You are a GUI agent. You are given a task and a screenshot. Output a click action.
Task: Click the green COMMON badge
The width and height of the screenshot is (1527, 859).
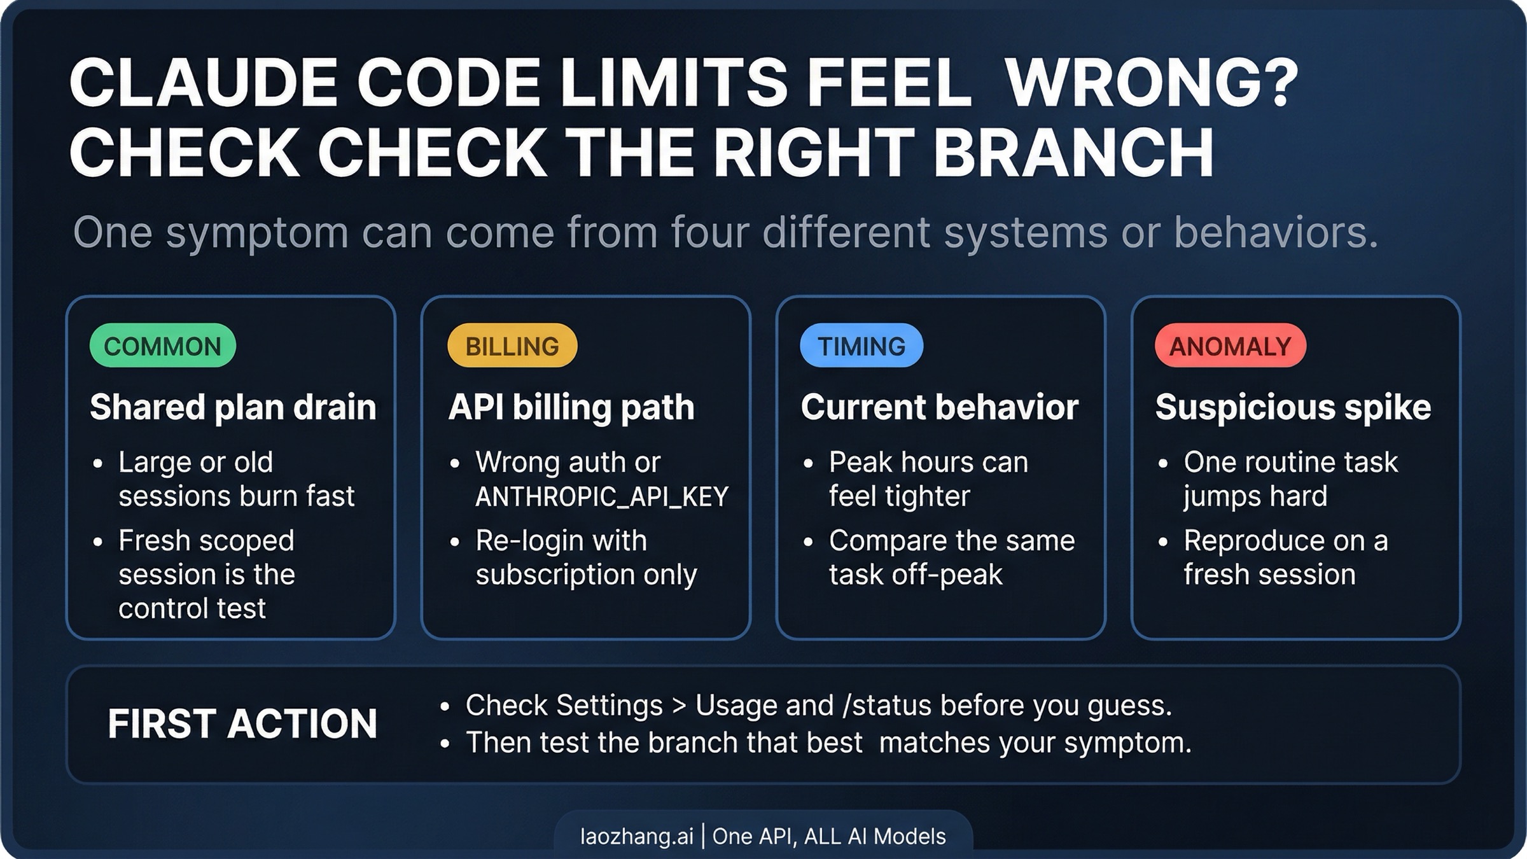click(162, 346)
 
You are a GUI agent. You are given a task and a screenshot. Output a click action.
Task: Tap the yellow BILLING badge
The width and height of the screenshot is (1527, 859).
click(512, 346)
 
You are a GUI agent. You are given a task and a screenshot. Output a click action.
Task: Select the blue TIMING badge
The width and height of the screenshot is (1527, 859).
click(861, 346)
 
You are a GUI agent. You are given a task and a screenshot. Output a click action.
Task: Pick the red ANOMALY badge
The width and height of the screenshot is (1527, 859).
click(1230, 346)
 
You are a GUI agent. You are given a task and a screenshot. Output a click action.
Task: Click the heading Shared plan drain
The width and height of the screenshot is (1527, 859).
click(233, 407)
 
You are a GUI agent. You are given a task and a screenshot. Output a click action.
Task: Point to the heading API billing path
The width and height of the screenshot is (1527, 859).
click(571, 407)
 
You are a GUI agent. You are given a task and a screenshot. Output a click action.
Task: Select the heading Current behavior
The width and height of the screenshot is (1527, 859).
click(939, 407)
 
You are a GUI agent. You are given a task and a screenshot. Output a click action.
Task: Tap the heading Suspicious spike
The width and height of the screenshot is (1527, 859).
click(1293, 407)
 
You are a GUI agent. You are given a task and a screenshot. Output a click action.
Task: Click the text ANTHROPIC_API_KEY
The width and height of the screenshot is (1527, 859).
click(601, 497)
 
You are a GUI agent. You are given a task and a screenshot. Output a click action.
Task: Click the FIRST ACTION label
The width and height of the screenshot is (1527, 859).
click(242, 724)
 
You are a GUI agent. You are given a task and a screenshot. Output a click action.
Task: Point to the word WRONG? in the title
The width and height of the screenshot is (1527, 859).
click(1152, 83)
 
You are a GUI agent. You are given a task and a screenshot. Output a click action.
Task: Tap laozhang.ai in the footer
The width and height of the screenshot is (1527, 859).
click(636, 835)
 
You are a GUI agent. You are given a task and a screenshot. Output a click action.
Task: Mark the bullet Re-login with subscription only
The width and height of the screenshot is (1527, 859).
click(585, 557)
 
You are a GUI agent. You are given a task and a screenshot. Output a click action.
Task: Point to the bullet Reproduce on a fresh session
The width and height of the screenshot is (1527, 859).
click(1285, 557)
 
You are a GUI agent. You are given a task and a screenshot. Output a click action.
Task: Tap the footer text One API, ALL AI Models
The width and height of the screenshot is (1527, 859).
click(829, 835)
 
